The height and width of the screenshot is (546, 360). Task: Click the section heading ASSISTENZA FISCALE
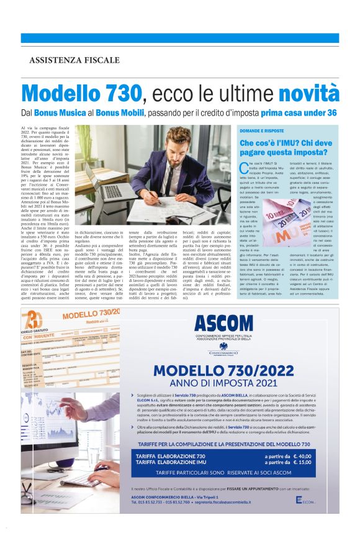[x=74, y=60]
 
